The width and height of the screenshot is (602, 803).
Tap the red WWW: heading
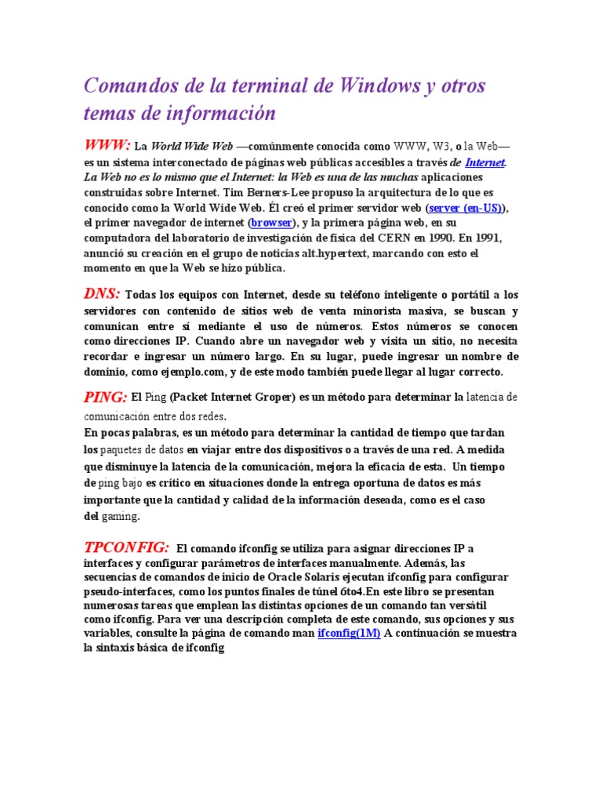[x=107, y=145]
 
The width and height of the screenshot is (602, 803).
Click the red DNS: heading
[x=102, y=293]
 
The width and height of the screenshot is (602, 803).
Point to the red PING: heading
[x=105, y=398]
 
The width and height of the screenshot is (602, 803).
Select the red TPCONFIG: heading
[x=126, y=547]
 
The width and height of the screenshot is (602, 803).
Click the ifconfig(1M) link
[x=349, y=633]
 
